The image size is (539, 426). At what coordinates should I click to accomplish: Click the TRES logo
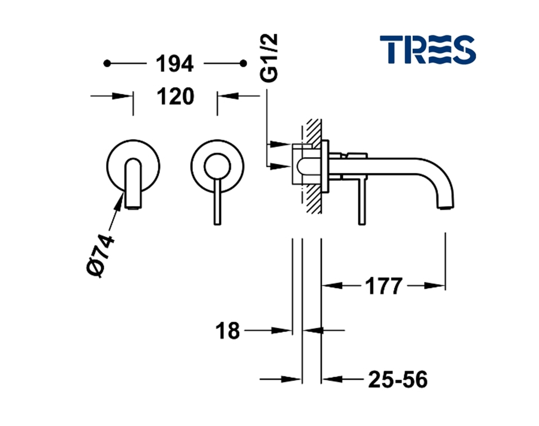[427, 49]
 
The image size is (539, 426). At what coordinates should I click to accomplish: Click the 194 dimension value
[174, 63]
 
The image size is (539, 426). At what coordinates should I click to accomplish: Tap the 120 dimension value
[176, 97]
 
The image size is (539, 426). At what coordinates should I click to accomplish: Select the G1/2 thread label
[269, 58]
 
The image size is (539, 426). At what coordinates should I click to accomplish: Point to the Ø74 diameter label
[100, 255]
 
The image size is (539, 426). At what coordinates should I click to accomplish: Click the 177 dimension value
[383, 286]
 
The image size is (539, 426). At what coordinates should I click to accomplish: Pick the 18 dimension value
[227, 331]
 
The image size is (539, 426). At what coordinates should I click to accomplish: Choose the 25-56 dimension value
[398, 379]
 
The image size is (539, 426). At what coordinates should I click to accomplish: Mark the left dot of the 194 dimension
[107, 63]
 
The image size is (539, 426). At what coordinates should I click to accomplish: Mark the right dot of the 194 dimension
[243, 63]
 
